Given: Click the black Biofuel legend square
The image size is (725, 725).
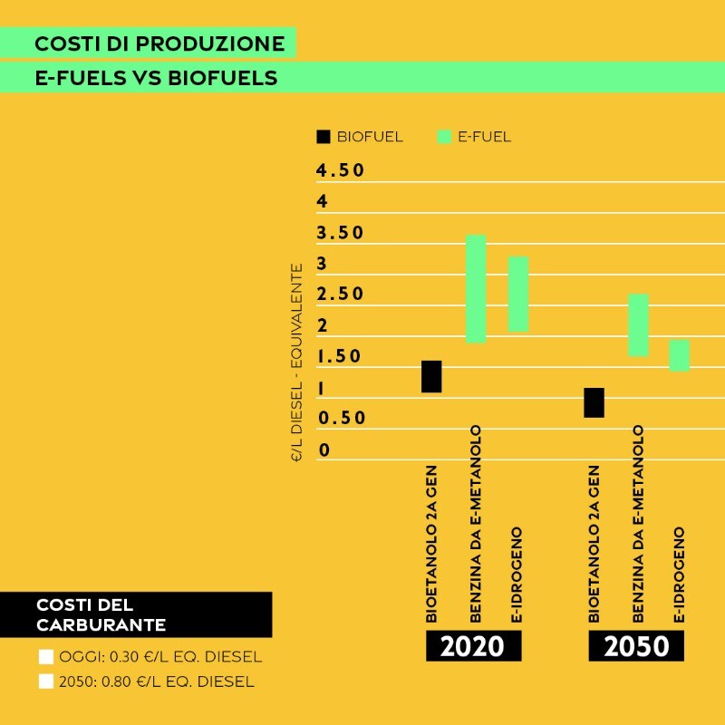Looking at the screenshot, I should click(324, 137).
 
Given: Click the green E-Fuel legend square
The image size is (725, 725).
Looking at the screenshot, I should click(444, 137).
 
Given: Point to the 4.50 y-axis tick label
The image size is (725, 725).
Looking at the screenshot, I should click(340, 170).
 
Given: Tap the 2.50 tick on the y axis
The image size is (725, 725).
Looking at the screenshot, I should click(340, 295).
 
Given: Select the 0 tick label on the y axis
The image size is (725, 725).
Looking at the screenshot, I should click(324, 450).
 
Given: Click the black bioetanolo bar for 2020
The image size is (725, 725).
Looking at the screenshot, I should click(431, 376).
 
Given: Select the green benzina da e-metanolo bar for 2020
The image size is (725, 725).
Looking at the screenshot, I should click(476, 288).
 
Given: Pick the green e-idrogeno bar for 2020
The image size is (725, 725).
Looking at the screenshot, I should click(518, 294).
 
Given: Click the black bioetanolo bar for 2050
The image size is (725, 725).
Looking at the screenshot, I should click(594, 402).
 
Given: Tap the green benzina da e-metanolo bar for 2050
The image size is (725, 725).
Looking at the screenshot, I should click(638, 324).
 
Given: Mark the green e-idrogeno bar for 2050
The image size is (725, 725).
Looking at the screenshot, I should click(680, 355).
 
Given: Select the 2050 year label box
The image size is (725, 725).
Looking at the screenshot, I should click(636, 646).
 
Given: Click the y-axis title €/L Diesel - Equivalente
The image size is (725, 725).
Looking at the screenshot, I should click(296, 362).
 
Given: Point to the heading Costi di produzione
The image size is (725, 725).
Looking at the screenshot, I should click(159, 43).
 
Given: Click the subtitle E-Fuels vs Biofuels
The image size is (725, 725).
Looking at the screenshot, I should click(156, 77).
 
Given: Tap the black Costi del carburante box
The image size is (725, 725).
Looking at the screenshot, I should click(136, 614).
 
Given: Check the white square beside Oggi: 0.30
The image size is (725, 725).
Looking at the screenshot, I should click(46, 657).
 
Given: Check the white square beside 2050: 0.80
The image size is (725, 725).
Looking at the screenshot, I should click(46, 681).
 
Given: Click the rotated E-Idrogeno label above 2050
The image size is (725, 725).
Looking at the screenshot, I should click(679, 575).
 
